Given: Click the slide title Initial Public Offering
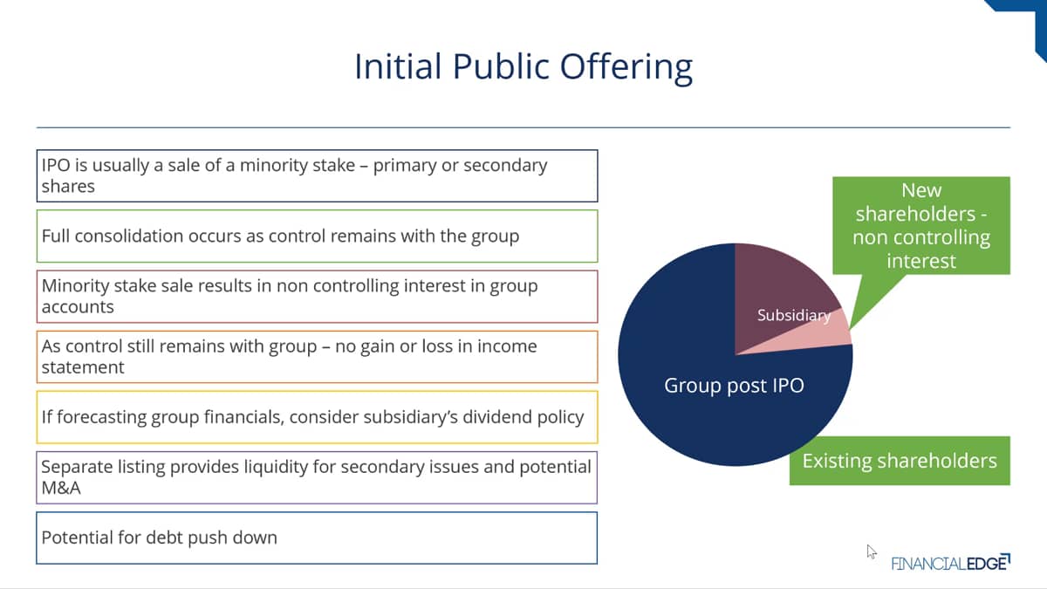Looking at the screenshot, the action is [523, 67].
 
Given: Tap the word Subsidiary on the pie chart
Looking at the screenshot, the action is [794, 315].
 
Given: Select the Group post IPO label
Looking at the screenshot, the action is [734, 386].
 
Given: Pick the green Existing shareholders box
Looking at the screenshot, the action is [900, 461].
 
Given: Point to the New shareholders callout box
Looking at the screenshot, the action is [921, 225].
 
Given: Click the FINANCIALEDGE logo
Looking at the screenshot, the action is [951, 562].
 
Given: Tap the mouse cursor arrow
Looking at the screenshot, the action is [872, 551].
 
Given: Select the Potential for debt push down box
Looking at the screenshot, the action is [317, 538].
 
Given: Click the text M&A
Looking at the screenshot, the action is [61, 488].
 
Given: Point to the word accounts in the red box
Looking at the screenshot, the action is [78, 307].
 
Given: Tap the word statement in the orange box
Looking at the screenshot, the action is [83, 367].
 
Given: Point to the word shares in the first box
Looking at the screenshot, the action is [68, 187].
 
